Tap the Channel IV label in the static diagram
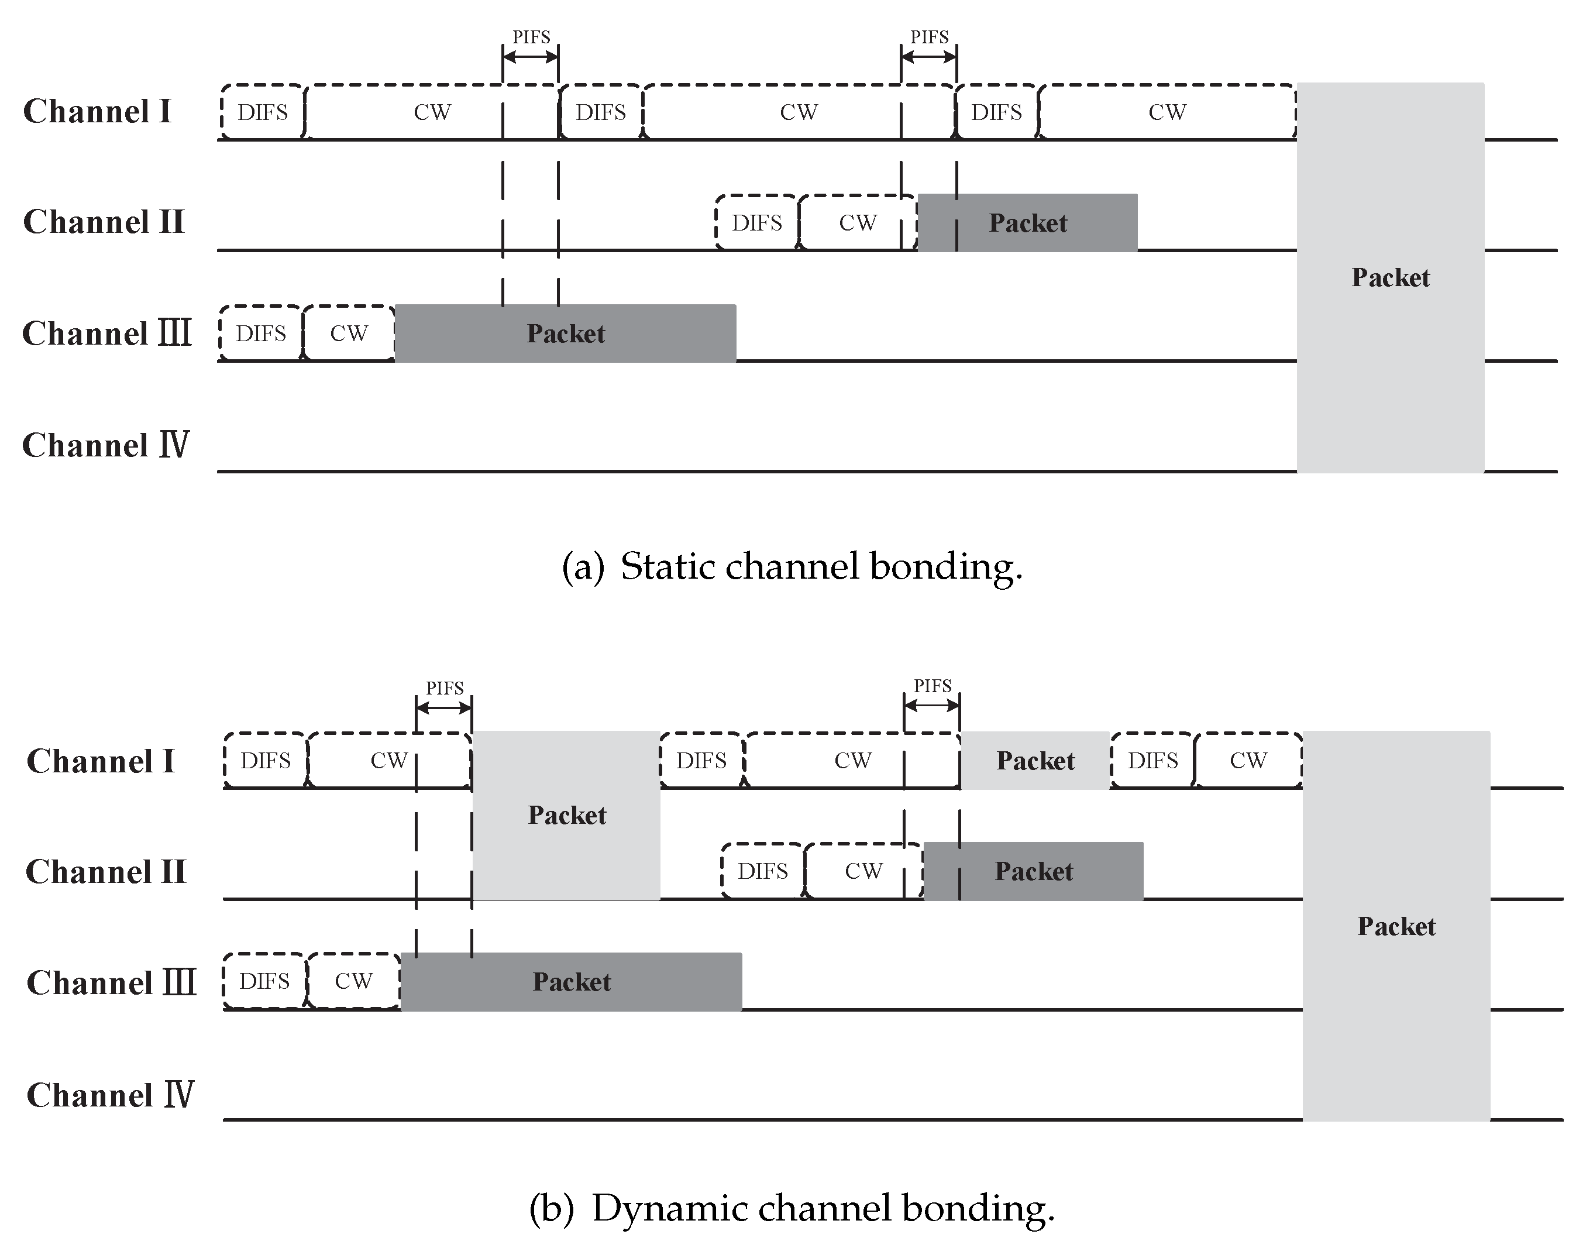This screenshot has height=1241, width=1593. click(106, 445)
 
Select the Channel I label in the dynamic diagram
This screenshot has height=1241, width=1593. click(101, 761)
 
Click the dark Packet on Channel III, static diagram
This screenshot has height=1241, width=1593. click(565, 334)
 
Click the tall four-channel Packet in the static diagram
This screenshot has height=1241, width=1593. click(1390, 277)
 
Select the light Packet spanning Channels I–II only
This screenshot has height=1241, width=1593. click(567, 815)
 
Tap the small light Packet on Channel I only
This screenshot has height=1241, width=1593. click(1035, 760)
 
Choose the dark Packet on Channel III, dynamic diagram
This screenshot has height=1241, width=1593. click(571, 981)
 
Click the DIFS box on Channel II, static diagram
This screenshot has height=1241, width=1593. click(756, 222)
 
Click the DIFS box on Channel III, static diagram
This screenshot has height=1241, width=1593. click(261, 334)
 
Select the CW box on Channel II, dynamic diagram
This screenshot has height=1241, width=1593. click(863, 871)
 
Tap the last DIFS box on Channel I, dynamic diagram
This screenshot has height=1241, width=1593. click(1152, 760)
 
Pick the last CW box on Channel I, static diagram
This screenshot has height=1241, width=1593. click(1167, 112)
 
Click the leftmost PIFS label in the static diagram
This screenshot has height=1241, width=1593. click(531, 36)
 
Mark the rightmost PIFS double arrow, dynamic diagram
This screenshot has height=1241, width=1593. click(931, 706)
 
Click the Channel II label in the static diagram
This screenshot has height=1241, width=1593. click(104, 222)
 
